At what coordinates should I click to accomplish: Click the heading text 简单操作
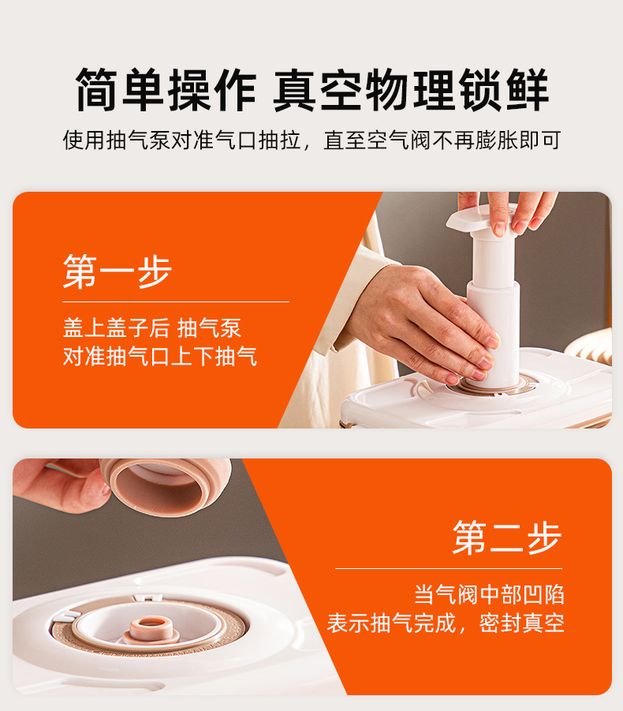tap(166, 90)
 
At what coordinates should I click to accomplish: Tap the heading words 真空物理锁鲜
tap(411, 90)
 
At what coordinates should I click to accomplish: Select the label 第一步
tap(118, 271)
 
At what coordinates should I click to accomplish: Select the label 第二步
tap(507, 537)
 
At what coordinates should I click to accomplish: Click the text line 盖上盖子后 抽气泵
tap(152, 327)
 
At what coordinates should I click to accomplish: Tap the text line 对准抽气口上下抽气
tap(160, 356)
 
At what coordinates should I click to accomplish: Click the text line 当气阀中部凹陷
tap(490, 594)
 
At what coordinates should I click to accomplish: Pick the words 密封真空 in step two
tap(522, 623)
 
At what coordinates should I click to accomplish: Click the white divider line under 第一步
tap(176, 301)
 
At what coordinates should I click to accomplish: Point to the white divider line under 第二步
tap(449, 568)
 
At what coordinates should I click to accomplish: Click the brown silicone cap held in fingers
tap(166, 486)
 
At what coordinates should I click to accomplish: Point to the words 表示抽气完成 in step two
tap(391, 623)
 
